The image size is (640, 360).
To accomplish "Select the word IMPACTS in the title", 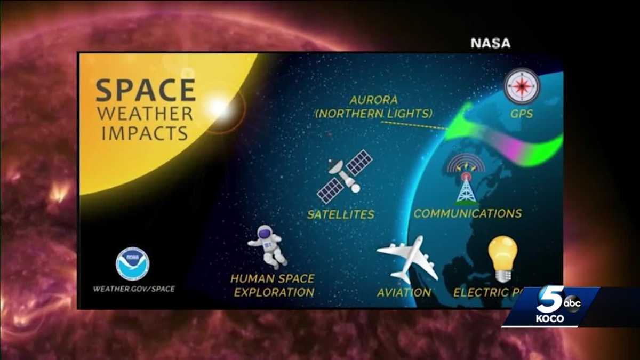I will coord(145,133).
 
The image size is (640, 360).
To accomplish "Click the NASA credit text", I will coord(490,43).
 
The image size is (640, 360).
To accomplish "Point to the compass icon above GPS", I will coord(522,86).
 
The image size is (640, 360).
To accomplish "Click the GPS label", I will coord(522,114).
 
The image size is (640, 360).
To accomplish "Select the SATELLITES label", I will coord(340,214).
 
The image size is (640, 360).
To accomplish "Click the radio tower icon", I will coord(466,179).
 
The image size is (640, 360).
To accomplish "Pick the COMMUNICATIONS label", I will coord(468,213).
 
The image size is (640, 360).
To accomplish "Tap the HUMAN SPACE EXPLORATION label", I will coord(273,285).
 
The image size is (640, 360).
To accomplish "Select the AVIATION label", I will coord(404,292).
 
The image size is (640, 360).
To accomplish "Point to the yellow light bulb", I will coord(502,258).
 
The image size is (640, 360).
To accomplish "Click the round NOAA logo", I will coord(132,263).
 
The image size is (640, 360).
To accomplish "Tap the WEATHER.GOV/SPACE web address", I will coord(134,289).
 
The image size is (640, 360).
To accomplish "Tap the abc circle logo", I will coord(572,303).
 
